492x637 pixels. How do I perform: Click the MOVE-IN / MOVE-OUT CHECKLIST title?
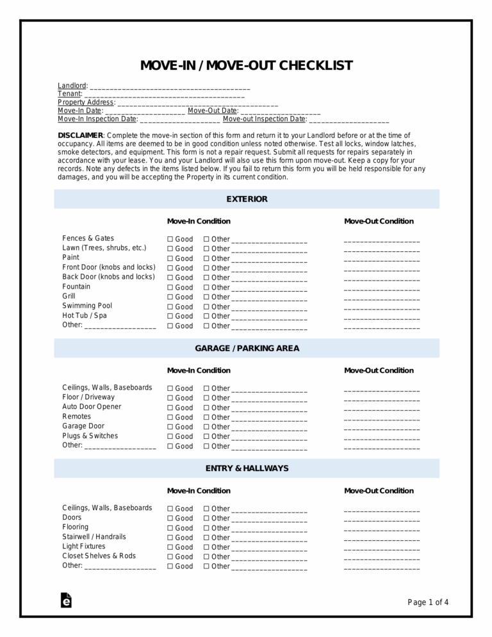[x=246, y=66]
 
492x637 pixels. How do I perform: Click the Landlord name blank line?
[x=170, y=87]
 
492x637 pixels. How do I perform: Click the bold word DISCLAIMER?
[x=80, y=135]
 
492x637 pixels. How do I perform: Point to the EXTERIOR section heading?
[x=247, y=199]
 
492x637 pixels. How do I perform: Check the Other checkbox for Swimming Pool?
[x=207, y=307]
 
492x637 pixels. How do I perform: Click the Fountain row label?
[x=76, y=286]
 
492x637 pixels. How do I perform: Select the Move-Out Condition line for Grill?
[x=382, y=297]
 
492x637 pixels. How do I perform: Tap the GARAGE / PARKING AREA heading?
[x=247, y=349]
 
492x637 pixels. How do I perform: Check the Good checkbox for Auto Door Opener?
[x=170, y=408]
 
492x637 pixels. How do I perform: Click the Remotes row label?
[x=76, y=417]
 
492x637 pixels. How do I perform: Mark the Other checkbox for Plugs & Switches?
[x=207, y=436]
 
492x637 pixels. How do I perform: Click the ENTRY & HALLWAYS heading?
[x=247, y=468]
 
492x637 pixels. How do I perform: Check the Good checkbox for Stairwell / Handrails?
[x=170, y=538]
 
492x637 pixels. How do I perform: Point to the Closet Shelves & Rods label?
[x=99, y=556]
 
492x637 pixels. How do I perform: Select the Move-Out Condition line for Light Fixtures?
[x=382, y=547]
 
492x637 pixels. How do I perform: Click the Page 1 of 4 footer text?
[x=428, y=602]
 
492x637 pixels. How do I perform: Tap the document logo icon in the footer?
[x=65, y=600]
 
